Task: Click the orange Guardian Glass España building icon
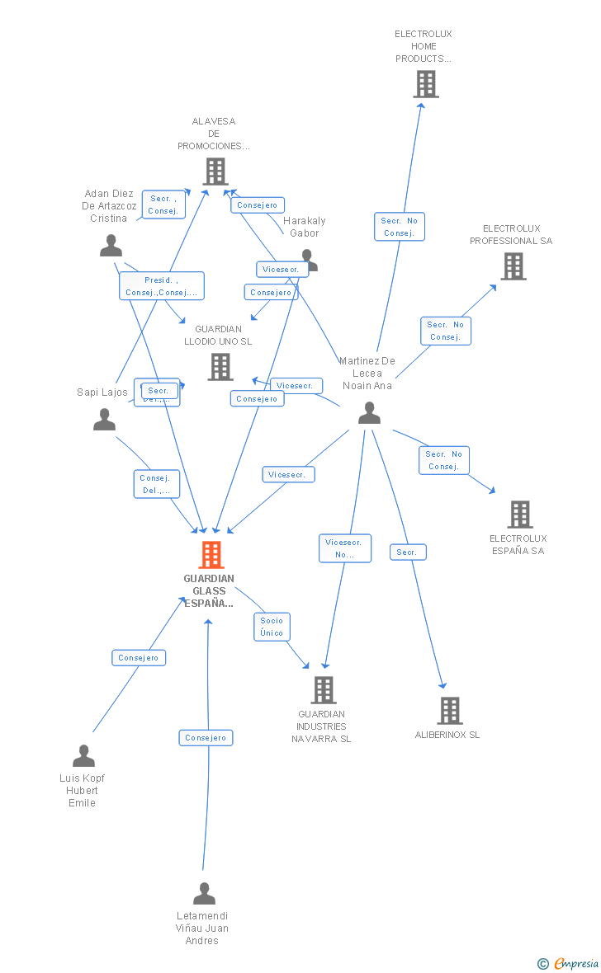[211, 555]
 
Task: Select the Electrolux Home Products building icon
[426, 84]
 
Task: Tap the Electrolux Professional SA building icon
[513, 266]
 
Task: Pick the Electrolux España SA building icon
[520, 515]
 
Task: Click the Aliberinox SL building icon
[450, 710]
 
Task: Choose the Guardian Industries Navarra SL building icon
[324, 690]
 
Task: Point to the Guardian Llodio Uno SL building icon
[220, 367]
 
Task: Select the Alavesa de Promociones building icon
[215, 172]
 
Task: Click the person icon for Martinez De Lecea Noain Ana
[369, 413]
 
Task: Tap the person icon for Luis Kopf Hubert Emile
[83, 756]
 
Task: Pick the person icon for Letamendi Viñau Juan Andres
[204, 894]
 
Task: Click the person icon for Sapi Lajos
[105, 420]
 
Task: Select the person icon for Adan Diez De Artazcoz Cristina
[111, 246]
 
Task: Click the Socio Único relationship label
[272, 627]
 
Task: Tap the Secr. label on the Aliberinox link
[407, 552]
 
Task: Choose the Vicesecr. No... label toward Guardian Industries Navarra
[345, 548]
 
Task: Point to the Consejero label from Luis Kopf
[139, 657]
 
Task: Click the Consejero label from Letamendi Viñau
[206, 738]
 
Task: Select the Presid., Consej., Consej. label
[161, 286]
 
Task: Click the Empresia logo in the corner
[569, 962]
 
